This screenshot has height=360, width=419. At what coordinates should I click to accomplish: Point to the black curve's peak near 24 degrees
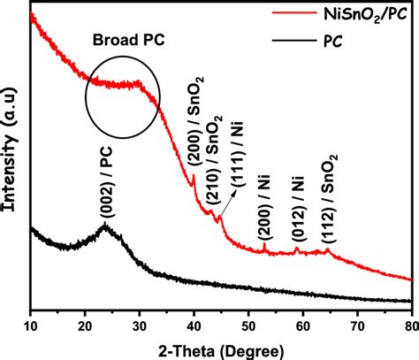click(x=105, y=226)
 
